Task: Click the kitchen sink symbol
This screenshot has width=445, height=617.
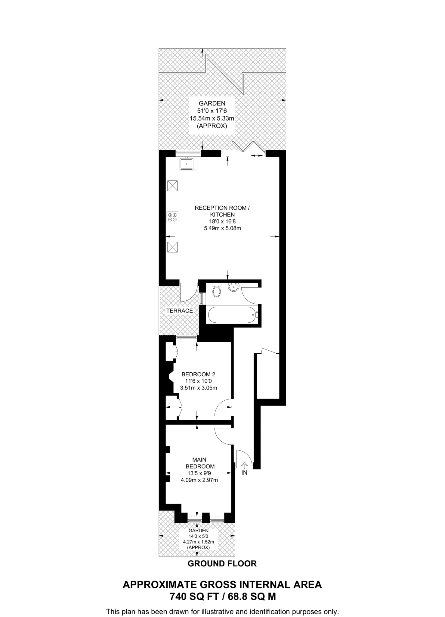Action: [x=187, y=164]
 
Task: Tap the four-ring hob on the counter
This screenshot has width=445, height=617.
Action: [x=172, y=218]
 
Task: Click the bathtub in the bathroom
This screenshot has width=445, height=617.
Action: [x=231, y=315]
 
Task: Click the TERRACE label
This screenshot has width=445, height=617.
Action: [x=180, y=311]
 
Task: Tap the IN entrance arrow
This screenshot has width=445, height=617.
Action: [x=244, y=465]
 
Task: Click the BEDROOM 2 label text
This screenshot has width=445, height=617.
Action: [x=198, y=374]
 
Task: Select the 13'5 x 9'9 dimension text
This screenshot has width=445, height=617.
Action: [x=199, y=473]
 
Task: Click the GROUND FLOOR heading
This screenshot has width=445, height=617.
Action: [x=222, y=564]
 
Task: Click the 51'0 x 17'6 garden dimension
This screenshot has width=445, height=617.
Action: [x=212, y=111]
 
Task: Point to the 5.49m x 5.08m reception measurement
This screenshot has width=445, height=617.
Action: [x=222, y=228]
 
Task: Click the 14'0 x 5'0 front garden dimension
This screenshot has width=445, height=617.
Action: [x=199, y=536]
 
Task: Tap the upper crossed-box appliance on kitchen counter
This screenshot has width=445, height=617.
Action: [x=172, y=186]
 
